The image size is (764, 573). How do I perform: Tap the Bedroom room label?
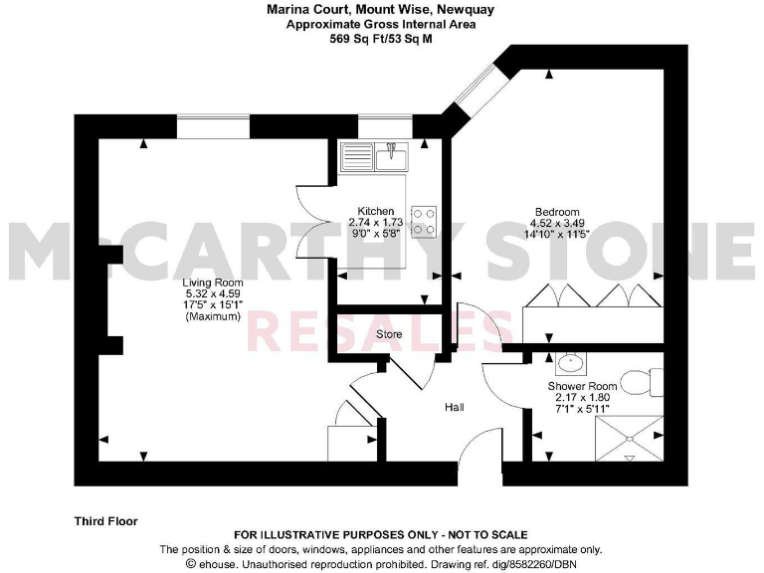[x=556, y=211]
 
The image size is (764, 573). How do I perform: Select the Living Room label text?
[x=212, y=283]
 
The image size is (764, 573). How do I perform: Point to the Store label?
[x=389, y=334]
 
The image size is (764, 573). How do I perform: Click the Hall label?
[x=455, y=407]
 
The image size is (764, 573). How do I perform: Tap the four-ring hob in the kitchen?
[x=424, y=221]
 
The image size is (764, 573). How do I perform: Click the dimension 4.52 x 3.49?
[x=556, y=223]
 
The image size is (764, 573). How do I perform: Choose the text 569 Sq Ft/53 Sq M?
[x=381, y=40]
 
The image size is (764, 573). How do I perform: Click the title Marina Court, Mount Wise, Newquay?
[x=381, y=10]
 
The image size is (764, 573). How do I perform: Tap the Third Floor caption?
[x=105, y=520]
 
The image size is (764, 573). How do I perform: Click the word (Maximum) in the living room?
[x=212, y=317]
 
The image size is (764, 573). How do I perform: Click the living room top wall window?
[x=213, y=126]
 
